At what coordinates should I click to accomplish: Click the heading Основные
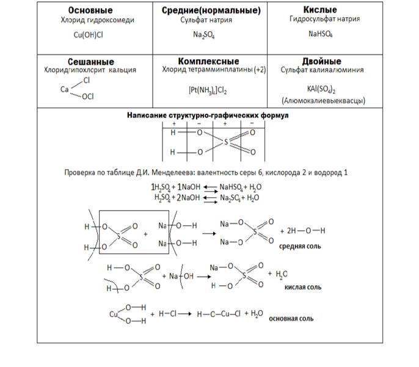pyautogui.click(x=90, y=10)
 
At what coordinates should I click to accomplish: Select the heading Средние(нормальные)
pyautogui.click(x=211, y=10)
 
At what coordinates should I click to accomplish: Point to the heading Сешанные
pyautogui.click(x=91, y=62)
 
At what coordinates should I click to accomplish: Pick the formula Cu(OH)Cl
pyautogui.click(x=89, y=35)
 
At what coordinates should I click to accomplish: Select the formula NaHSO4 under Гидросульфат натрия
pyautogui.click(x=321, y=34)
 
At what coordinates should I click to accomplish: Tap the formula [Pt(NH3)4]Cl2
pyautogui.click(x=208, y=90)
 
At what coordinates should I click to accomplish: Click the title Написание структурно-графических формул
pyautogui.click(x=208, y=115)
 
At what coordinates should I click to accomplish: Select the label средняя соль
pyautogui.click(x=300, y=246)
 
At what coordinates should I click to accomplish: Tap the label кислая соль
pyautogui.click(x=303, y=286)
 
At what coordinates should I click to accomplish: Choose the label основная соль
pyautogui.click(x=295, y=318)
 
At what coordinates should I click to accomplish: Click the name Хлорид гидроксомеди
pyautogui.click(x=89, y=20)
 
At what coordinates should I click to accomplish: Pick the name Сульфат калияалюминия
pyautogui.click(x=322, y=70)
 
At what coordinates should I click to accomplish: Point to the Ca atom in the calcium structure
pyautogui.click(x=64, y=89)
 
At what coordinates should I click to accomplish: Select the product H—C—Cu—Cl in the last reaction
pyautogui.click(x=218, y=314)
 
